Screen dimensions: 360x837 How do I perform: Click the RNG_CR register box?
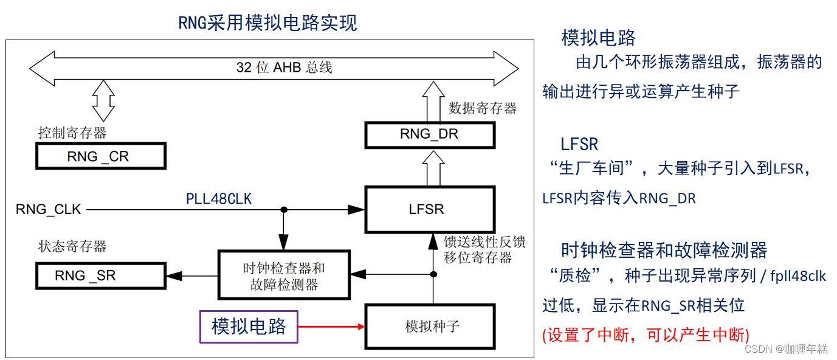click(101, 157)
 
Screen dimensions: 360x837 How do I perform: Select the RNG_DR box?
click(429, 134)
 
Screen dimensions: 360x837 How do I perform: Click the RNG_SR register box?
click(101, 275)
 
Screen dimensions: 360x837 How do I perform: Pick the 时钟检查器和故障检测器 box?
click(284, 276)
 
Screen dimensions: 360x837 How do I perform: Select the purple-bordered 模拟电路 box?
click(249, 327)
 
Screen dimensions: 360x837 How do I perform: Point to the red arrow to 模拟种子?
click(331, 327)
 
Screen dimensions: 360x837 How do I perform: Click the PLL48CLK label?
click(219, 199)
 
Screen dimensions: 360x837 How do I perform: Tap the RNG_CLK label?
click(49, 210)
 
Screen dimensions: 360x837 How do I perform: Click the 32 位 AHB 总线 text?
click(284, 67)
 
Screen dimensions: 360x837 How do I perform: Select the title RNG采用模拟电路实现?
click(267, 23)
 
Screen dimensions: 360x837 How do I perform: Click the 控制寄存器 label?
click(72, 132)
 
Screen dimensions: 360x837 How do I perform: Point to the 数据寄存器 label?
click(482, 108)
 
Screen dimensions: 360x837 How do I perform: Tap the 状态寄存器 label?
click(72, 246)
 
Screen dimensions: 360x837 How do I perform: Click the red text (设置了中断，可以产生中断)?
click(646, 335)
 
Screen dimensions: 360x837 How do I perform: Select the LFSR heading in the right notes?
click(579, 144)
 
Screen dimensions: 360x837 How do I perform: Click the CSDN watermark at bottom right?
click(785, 349)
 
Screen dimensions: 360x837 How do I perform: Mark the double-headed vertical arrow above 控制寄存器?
click(103, 100)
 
